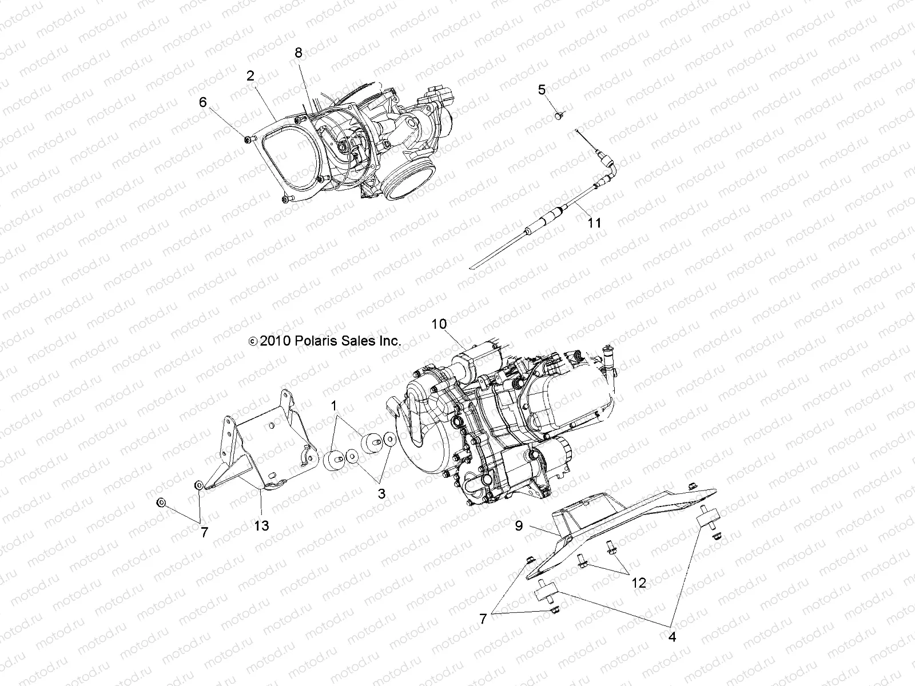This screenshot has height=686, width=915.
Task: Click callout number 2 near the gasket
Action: point(250,75)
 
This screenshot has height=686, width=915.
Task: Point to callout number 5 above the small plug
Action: point(542,90)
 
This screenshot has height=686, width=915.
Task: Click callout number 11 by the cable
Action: point(595,222)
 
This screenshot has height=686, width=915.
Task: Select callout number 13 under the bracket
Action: point(261,525)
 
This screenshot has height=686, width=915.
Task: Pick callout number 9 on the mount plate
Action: point(519,525)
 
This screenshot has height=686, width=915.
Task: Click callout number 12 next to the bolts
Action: point(639,583)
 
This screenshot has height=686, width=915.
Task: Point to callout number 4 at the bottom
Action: point(673,637)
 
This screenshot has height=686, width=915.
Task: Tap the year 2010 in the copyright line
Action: point(277,341)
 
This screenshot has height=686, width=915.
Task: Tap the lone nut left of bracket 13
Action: point(161,502)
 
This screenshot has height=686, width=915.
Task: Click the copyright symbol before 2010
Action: point(253,342)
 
